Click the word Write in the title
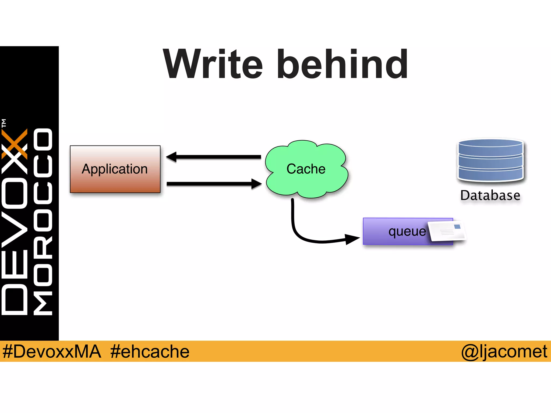tap(213, 65)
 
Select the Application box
tap(115, 169)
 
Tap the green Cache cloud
tap(306, 169)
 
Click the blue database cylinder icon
tap(490, 160)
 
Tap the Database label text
tap(490, 195)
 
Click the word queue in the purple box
tap(407, 232)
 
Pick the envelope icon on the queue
tap(447, 231)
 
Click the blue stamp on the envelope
tap(457, 227)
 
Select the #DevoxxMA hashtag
tap(52, 351)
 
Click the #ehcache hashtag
tap(150, 351)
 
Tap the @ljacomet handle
tap(504, 351)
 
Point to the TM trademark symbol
tap(4, 123)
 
